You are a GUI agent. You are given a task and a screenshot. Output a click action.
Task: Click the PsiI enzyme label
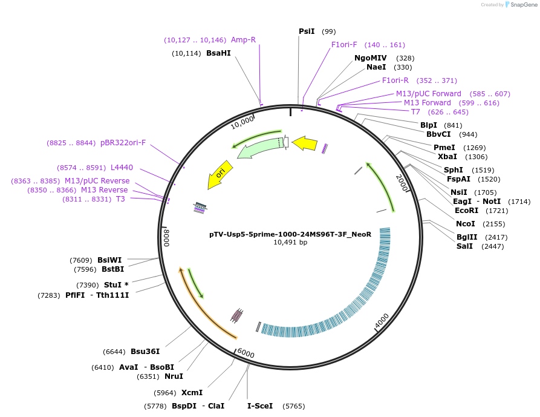pos(307,31)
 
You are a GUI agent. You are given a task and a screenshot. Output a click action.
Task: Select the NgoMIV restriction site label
pos(370,58)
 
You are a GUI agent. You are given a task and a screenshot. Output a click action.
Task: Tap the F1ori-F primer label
pos(344,45)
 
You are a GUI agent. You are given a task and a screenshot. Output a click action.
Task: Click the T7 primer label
pos(415,112)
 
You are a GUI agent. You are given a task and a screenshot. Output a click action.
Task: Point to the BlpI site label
pos(429,125)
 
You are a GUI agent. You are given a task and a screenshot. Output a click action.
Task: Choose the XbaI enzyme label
pos(447,156)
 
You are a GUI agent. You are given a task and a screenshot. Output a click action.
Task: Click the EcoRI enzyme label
pos(466,211)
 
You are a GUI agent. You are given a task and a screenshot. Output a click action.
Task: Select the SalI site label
pos(464,246)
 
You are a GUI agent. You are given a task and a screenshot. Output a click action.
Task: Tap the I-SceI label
pos(260,406)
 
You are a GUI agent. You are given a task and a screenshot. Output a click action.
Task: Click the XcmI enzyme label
pos(192,393)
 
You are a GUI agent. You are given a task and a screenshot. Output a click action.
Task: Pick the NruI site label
pos(174,376)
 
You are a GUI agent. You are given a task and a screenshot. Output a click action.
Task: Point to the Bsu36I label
pos(145,352)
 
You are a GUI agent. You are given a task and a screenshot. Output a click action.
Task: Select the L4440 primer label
pos(122,168)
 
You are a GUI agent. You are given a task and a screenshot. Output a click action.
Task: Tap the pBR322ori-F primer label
pos(123,143)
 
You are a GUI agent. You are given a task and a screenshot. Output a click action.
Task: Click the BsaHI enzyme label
pos(218,53)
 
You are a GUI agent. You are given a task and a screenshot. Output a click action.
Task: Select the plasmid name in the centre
pos(290,234)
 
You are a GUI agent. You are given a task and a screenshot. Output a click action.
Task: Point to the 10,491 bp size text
pos(290,242)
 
